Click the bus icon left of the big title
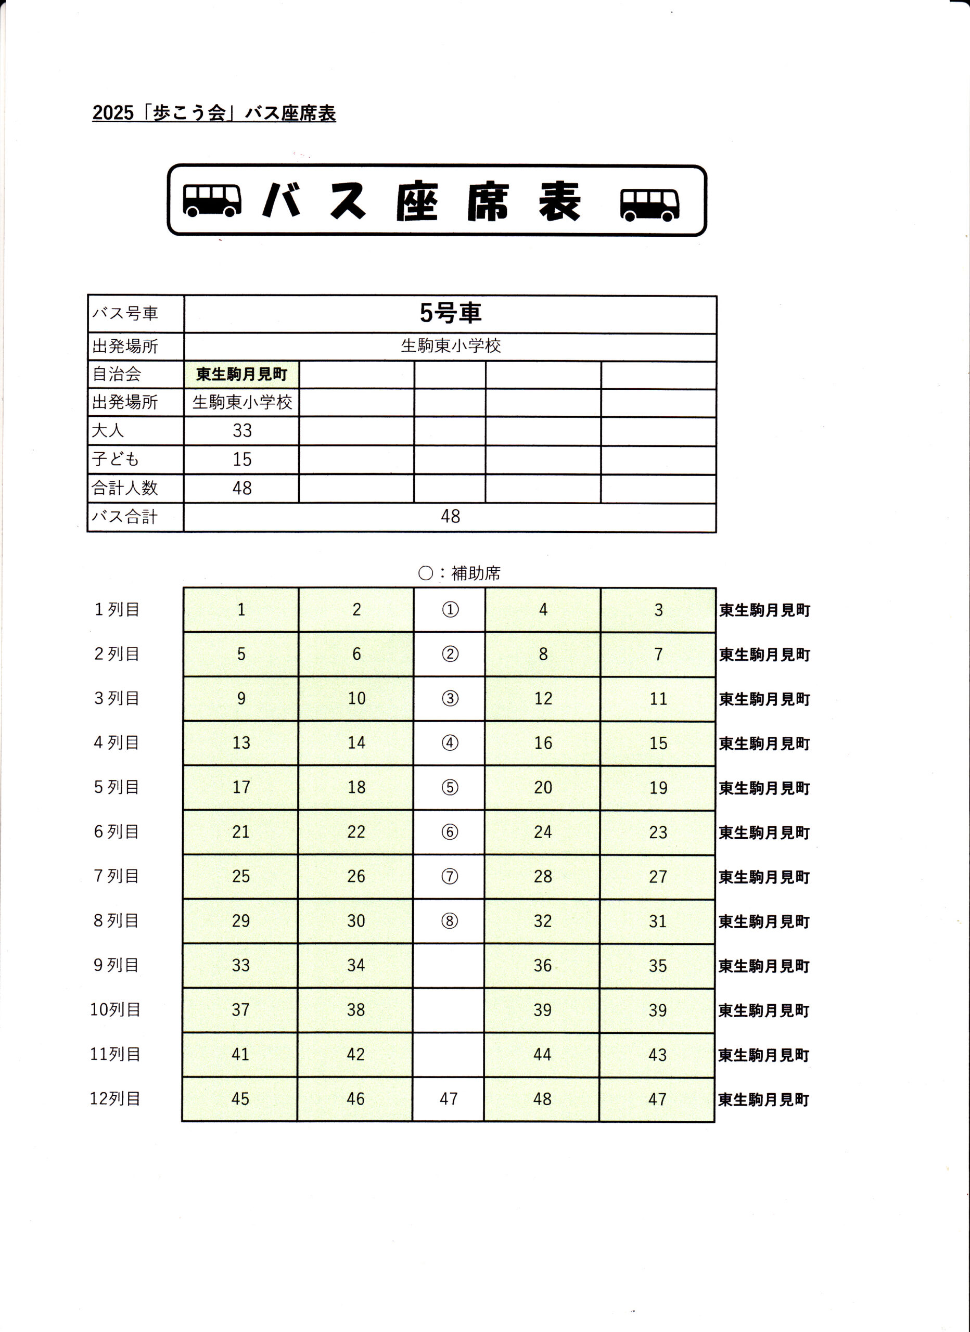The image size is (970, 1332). click(x=212, y=200)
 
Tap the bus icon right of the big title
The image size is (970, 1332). click(x=649, y=204)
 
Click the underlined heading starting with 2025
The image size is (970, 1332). click(x=214, y=113)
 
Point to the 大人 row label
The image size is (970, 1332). click(x=108, y=430)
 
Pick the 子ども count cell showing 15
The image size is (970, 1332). click(x=241, y=459)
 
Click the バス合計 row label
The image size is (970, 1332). click(x=124, y=517)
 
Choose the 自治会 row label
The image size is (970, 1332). click(x=117, y=374)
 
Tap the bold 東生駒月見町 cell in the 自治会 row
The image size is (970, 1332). click(x=241, y=374)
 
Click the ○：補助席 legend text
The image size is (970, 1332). click(x=459, y=573)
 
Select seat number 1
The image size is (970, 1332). click(x=241, y=610)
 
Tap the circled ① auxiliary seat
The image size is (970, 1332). click(x=450, y=610)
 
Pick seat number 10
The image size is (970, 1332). click(x=356, y=698)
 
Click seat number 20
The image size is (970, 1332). click(x=542, y=787)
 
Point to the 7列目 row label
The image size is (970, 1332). click(x=117, y=876)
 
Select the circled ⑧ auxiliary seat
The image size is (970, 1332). click(x=449, y=921)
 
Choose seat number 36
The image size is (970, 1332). click(x=542, y=966)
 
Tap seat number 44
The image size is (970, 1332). click(x=542, y=1054)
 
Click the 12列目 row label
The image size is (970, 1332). click(x=115, y=1098)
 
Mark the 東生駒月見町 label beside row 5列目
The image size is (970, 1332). click(x=764, y=788)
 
